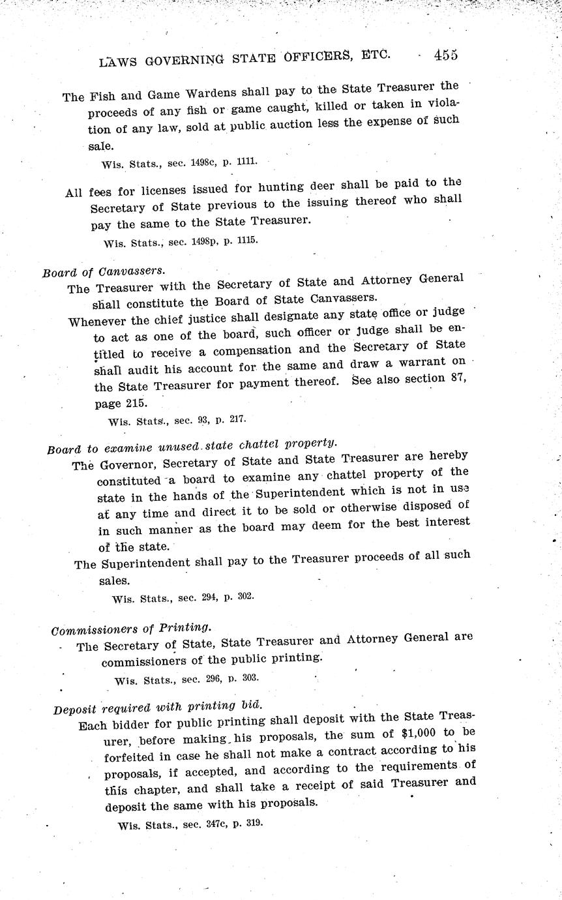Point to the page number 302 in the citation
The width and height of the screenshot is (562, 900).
point(245,596)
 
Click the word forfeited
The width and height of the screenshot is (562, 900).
point(132,757)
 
